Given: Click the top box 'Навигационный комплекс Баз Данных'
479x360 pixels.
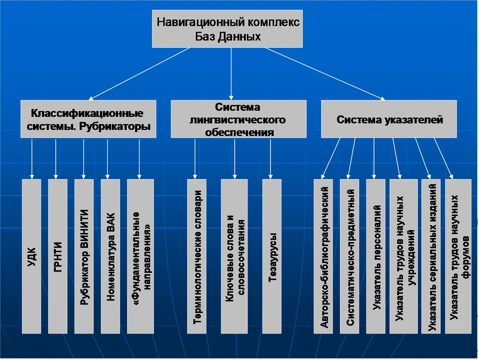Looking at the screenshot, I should point(227,29).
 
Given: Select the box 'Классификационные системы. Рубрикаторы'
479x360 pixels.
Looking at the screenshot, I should point(88,119).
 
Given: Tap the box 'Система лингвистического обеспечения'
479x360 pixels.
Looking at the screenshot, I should point(239,119).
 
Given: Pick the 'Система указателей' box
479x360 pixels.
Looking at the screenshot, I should point(389,119).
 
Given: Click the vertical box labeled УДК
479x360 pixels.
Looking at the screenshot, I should point(31,256).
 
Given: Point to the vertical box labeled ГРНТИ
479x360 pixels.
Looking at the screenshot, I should point(58,256).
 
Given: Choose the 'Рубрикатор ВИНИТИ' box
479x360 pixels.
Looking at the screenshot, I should point(84,256).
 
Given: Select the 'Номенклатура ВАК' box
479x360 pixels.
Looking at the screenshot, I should point(110,256).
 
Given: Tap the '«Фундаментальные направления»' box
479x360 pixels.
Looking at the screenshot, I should point(140,256).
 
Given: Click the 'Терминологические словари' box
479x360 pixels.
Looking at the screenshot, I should point(197,256).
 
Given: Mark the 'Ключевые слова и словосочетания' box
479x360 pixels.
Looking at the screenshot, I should point(234,256).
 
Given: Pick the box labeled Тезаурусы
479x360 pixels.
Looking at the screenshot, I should point(272,256).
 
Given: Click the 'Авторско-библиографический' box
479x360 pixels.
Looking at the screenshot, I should point(323,256).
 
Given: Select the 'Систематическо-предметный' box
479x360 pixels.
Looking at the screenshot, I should point(349,256).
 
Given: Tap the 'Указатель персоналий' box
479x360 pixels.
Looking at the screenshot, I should point(376,256).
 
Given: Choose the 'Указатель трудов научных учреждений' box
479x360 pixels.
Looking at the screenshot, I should point(404,256).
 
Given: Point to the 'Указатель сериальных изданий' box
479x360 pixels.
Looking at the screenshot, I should point(431,256).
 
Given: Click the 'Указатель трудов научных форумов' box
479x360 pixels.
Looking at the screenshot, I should point(458,256).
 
